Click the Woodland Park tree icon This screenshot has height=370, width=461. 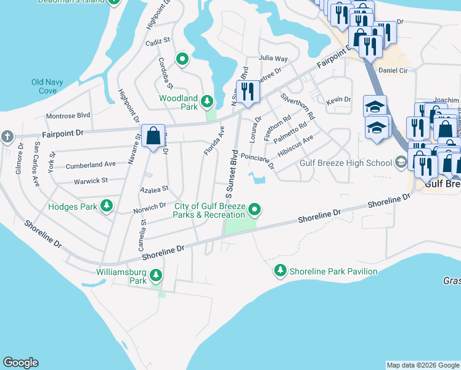click(208, 101)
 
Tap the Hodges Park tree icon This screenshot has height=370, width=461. click(107, 206)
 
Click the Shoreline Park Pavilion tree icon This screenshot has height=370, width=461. click(280, 271)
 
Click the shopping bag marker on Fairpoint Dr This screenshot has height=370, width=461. click(153, 134)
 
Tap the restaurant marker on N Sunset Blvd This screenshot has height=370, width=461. click(248, 91)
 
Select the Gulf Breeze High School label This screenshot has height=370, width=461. click(345, 163)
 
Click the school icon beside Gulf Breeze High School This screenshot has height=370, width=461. click(401, 163)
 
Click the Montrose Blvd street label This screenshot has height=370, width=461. click(68, 115)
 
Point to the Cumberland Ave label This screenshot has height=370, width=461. click(91, 165)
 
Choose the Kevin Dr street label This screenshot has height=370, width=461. click(338, 100)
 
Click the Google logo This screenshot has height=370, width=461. click(20, 363)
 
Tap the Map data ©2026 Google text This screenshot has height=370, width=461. click(423, 365)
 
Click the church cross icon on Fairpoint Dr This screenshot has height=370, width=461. click(6, 136)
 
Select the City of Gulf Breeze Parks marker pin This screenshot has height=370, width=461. click(254, 211)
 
